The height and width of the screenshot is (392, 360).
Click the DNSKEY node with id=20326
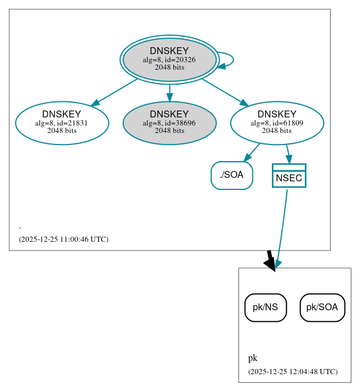[169, 59]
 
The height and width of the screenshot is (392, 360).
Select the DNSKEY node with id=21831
[62, 123]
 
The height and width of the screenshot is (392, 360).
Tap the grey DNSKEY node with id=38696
[169, 123]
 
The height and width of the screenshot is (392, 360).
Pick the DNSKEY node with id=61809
[277, 123]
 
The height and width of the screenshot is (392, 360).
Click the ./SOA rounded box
[232, 176]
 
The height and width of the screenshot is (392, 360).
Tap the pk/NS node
[266, 307]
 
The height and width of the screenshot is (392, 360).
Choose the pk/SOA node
[322, 307]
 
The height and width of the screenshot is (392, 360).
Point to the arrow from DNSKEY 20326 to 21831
[114, 92]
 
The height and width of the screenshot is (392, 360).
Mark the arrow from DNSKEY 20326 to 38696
[169, 92]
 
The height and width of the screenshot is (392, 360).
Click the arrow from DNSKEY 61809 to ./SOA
[252, 152]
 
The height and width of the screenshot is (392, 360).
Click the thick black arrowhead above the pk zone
[270, 262]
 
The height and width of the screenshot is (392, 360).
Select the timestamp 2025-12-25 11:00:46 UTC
[63, 239]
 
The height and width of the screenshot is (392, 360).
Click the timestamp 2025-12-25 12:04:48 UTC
[293, 372]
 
